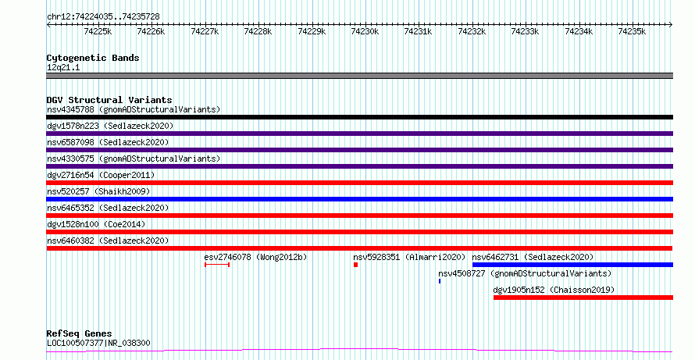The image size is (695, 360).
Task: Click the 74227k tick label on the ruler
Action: point(205,31)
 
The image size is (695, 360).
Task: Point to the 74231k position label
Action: point(418,31)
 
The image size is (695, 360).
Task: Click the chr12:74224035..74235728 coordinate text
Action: point(103,16)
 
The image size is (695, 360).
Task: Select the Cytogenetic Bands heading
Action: point(93,58)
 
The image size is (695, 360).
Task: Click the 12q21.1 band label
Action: point(63,68)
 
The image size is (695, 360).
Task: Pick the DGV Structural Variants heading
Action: point(109,100)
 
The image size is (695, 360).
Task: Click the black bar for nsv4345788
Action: point(359,117)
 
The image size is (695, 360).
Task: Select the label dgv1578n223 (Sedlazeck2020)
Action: point(110,126)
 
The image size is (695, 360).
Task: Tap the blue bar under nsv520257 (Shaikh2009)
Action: point(359,199)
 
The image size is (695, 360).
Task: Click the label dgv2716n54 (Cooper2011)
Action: point(101,175)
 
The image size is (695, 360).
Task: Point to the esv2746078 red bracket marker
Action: point(217,265)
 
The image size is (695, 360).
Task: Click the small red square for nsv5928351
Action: point(355,265)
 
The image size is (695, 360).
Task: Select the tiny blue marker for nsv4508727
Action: point(440,281)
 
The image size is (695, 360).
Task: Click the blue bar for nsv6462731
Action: point(572,265)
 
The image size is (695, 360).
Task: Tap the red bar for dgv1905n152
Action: point(583,298)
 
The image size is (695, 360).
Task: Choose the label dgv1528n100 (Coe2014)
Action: point(96,224)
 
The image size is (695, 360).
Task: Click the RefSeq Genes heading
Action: point(80,333)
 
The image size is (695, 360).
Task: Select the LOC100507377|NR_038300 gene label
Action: point(99,343)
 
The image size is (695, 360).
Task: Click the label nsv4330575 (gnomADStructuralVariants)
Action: point(134,159)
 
